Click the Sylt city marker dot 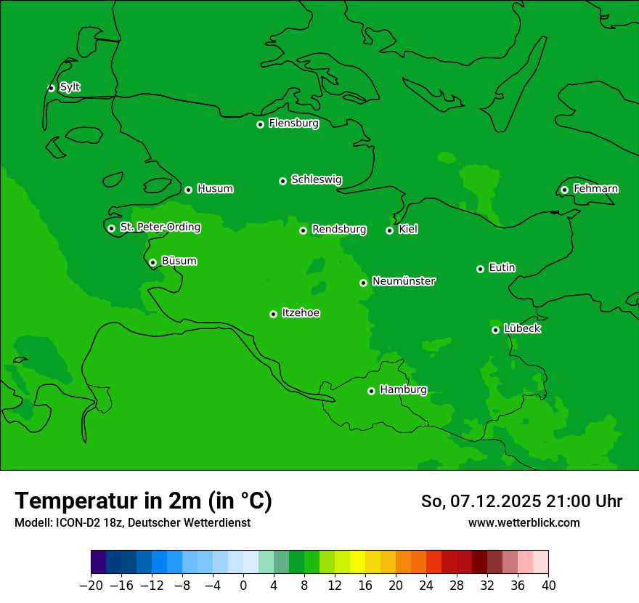[51, 88]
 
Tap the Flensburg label [293, 124]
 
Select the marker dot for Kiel [389, 230]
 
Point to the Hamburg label [403, 389]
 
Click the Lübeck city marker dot [495, 330]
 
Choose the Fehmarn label [595, 189]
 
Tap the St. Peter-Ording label [160, 227]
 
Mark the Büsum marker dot [152, 262]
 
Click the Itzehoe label [301, 313]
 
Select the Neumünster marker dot [363, 283]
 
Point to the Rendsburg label [338, 230]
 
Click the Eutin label [502, 268]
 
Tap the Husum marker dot [188, 190]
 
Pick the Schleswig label [316, 179]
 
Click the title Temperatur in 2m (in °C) [143, 501]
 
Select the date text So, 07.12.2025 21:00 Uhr [521, 501]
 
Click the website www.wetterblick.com [524, 522]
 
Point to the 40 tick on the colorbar [548, 586]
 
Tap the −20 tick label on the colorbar [91, 586]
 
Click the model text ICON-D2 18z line [132, 522]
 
